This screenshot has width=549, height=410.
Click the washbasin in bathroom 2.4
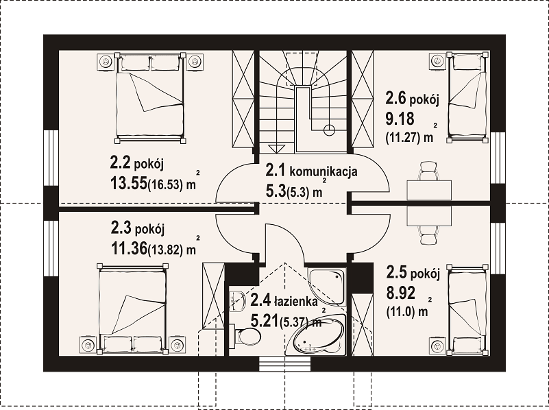pos(237,301)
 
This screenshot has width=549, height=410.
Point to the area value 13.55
pos(129,183)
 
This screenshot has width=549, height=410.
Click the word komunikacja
pos(324,171)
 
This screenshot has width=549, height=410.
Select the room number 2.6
pos(395,97)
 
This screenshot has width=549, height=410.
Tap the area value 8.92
pos(401,293)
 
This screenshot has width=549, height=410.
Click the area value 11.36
pos(129,249)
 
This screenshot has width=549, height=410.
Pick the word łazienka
pos(296,301)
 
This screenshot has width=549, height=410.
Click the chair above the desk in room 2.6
pos(429,171)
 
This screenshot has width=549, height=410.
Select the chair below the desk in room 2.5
pos(429,234)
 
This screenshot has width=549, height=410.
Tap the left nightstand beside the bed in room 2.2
pos(105,62)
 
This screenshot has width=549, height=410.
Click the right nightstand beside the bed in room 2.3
pos(178,346)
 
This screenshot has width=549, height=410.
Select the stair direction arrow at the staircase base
pos(277,149)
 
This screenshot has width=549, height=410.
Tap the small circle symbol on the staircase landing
pos(329,130)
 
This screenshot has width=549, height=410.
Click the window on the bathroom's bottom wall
pos(284,364)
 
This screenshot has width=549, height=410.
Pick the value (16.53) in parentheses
pos(165,184)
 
